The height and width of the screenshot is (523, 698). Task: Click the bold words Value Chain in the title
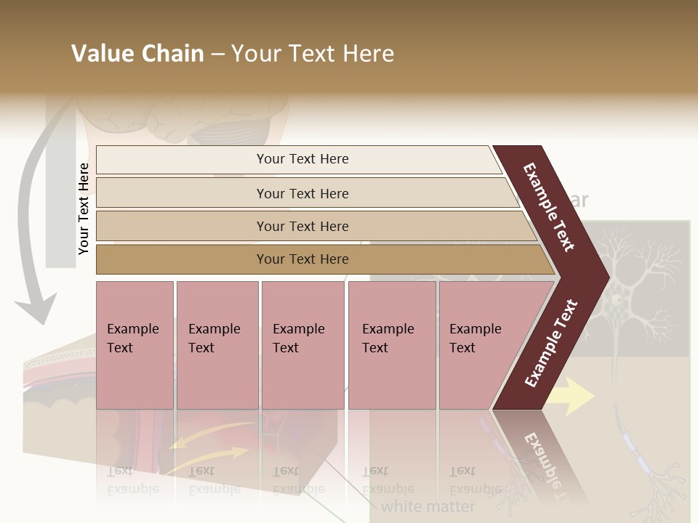137,54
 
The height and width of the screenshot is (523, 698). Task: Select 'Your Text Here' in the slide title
313,54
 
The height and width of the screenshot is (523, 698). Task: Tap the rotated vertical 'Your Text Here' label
84,208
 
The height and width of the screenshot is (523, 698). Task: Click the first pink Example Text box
135,344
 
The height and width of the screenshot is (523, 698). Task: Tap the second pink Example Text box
217,344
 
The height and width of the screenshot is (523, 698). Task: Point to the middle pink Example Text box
302,344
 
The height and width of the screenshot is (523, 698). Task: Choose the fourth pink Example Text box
391,344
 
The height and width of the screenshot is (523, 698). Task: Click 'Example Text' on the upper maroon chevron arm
549,207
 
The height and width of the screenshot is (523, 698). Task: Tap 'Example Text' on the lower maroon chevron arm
552,343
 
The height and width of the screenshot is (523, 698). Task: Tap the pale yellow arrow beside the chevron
571,396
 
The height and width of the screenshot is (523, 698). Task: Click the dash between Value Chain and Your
217,54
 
